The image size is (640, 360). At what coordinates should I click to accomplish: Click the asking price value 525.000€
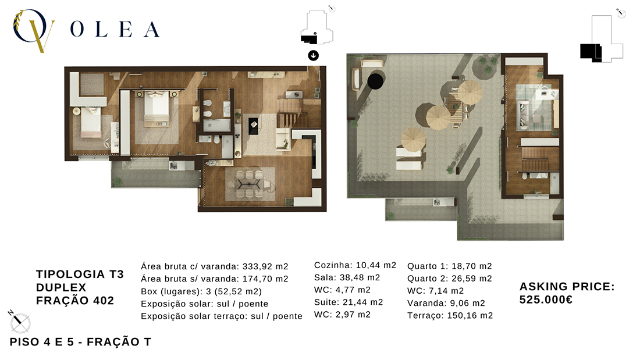coord(546,300)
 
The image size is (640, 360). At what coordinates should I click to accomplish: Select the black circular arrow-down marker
coord(313,55)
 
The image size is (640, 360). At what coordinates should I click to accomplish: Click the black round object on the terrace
coord(375,81)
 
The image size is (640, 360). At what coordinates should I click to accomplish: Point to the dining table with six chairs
coord(250,184)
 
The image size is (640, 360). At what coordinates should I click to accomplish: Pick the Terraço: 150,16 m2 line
coord(450,316)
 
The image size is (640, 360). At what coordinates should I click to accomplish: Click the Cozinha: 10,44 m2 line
coord(355,265)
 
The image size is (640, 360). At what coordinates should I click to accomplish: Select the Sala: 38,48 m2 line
coord(347,277)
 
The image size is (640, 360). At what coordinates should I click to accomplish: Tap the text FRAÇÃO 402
coord(75,301)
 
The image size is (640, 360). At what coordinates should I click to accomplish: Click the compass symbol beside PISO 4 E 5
coord(20,322)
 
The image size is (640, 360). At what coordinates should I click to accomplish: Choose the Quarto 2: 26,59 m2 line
coord(449,279)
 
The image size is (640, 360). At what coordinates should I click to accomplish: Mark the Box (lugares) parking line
coord(201,291)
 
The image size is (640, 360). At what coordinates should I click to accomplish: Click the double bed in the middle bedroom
coord(157,109)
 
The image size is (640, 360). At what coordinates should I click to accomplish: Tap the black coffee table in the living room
coord(254,126)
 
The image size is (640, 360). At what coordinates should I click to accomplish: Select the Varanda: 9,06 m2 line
coord(446,303)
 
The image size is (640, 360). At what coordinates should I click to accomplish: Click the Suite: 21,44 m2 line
coord(348,302)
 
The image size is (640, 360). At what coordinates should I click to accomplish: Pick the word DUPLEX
coord(61,287)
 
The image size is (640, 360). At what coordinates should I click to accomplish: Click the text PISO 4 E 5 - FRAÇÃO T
coord(80,342)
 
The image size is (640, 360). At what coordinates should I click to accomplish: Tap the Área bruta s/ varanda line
coord(214,279)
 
